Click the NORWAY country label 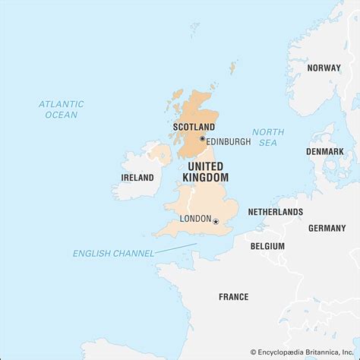click(324, 68)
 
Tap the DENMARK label click(324, 151)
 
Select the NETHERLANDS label click(275, 212)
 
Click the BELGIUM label click(267, 246)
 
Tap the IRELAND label click(137, 178)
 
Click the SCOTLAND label click(194, 127)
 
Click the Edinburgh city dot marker click(202, 139)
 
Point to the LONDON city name click(195, 219)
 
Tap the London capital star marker click(216, 221)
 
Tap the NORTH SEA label click(268, 137)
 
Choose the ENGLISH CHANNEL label click(113, 253)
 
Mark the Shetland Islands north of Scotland click(232, 68)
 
